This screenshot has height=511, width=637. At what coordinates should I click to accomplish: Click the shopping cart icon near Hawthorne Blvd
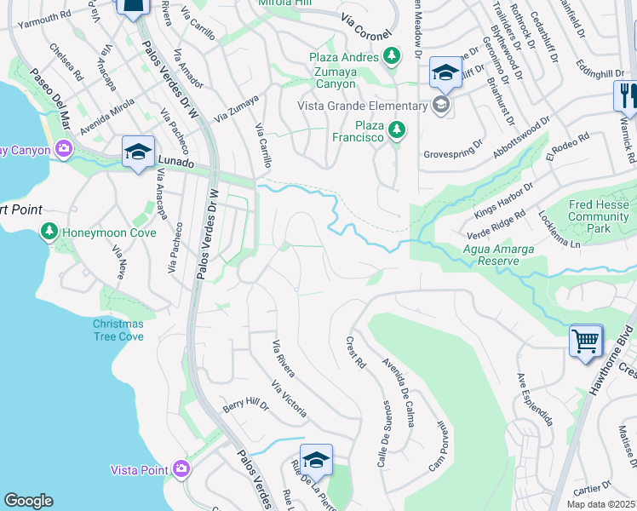coord(586,341)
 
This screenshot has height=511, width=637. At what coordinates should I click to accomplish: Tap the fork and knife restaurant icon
coord(626,95)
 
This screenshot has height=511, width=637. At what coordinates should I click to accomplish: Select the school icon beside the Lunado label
coord(138,152)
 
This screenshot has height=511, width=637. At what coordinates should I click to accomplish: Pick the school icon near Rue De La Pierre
coord(316,461)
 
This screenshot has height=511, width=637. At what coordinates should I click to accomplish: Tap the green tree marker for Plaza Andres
coord(391,57)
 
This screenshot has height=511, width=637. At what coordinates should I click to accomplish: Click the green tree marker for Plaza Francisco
coord(395,130)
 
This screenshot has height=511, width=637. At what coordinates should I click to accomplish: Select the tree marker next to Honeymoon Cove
coord(49,232)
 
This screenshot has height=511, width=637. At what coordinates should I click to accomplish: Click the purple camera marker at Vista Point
coord(181,469)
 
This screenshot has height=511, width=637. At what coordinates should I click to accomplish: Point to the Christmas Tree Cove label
coord(118,330)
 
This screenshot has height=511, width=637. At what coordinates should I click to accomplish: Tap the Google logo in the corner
coord(29,500)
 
